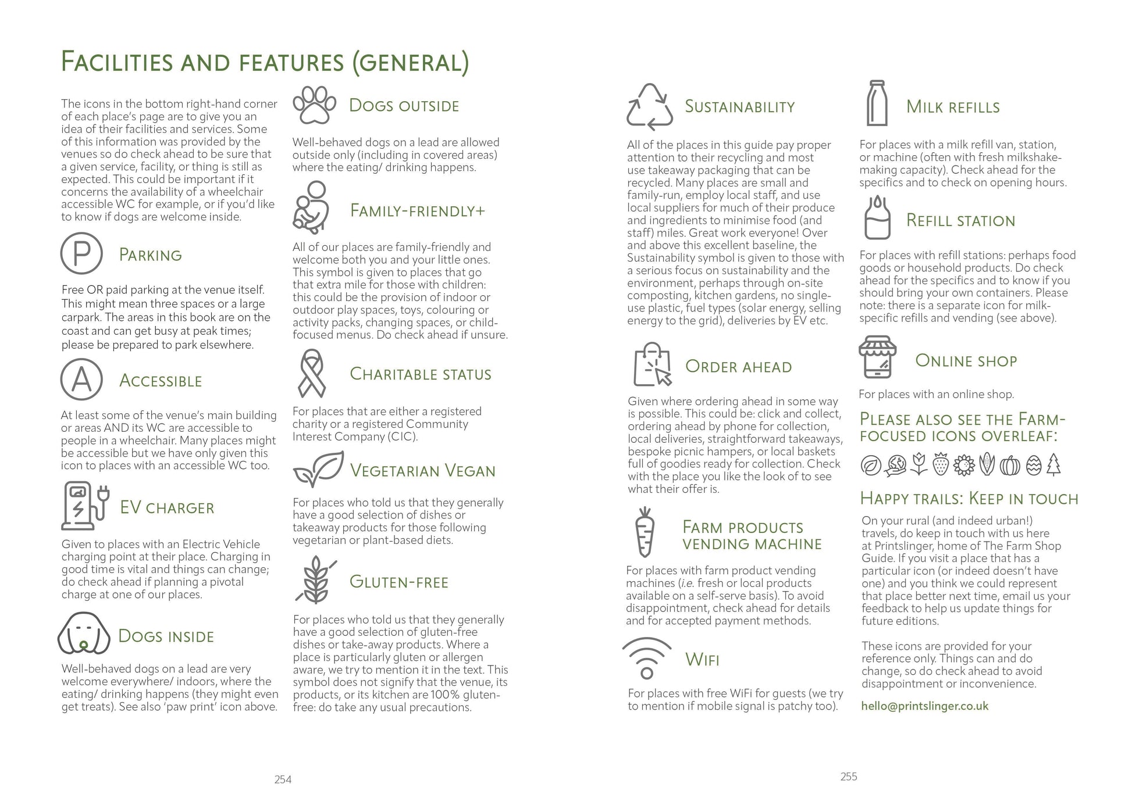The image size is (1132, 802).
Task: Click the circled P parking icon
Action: pos(81,253)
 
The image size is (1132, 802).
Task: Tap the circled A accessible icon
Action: pos(81,379)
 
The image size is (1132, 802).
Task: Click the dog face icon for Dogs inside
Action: pos(84,633)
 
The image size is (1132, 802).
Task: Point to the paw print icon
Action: pos(315,105)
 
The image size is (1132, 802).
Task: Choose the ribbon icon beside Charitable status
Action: pos(312,373)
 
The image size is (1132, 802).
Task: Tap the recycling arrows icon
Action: pos(649,106)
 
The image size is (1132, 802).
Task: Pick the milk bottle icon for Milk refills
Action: pos(877,103)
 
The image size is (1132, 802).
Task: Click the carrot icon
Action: pos(644,532)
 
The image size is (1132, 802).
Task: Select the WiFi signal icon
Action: pos(646,657)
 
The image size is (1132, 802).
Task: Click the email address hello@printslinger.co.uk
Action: pos(924,706)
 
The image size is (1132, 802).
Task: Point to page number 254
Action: pos(283,780)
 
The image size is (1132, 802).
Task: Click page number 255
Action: pos(849,776)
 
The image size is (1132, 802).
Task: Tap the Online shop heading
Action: pos(966,361)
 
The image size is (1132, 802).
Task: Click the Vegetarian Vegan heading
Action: pos(422,471)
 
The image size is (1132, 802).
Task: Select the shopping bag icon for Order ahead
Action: pos(652,364)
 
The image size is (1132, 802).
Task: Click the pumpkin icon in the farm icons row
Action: pos(1010,466)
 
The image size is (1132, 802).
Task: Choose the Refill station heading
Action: pos(960,221)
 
